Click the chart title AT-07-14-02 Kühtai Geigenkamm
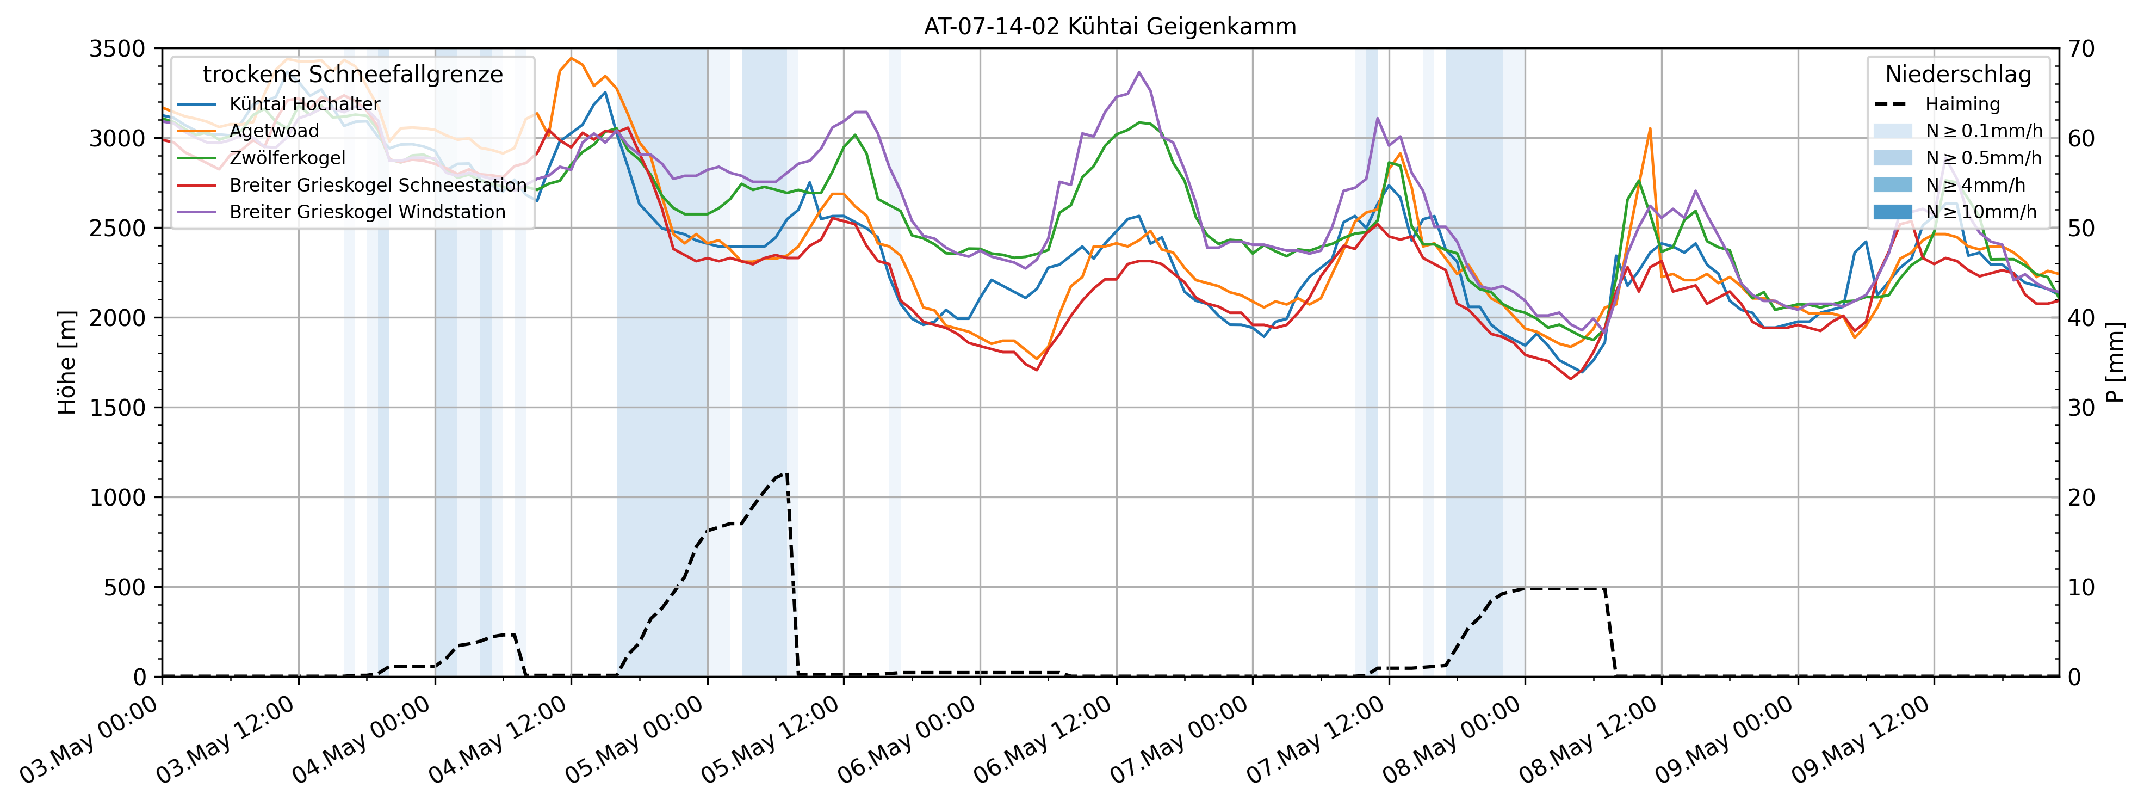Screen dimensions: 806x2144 tap(1110, 27)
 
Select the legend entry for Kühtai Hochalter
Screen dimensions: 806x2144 tap(305, 104)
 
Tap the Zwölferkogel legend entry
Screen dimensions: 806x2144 tap(287, 158)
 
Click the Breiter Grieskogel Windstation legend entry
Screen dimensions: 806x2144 tap(367, 212)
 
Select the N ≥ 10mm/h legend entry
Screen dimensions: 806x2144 tap(1981, 212)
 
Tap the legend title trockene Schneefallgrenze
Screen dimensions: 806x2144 tap(353, 75)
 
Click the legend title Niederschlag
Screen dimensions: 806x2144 tap(1957, 75)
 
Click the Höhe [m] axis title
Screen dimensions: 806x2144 tap(66, 362)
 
